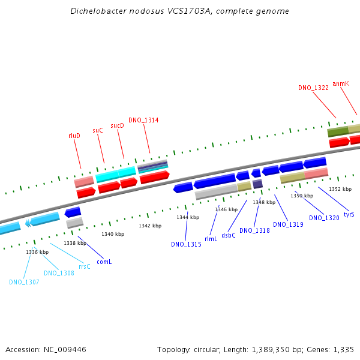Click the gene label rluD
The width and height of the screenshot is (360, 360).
(74, 136)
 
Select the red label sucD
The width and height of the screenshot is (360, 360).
(117, 125)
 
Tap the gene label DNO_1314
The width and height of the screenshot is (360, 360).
(143, 120)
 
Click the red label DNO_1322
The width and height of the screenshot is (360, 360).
(313, 88)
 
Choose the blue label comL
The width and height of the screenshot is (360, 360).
(104, 262)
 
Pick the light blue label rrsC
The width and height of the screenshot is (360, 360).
(84, 266)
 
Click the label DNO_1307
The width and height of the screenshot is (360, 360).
(24, 282)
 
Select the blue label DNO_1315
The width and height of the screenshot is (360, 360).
(186, 244)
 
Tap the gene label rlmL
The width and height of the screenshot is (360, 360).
(211, 239)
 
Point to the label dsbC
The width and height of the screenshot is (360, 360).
(229, 235)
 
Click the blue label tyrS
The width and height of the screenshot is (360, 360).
(349, 214)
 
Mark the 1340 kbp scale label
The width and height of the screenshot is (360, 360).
(113, 234)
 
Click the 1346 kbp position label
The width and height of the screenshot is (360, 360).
(226, 209)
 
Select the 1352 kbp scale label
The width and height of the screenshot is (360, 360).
(340, 189)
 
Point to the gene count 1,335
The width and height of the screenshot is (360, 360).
(344, 349)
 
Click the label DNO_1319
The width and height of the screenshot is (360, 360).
(288, 224)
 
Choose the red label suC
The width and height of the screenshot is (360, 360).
(98, 130)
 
